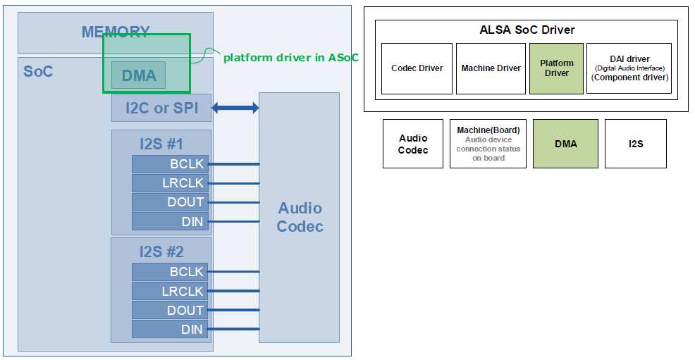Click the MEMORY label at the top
pyautogui.click(x=116, y=32)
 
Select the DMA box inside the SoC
pyautogui.click(x=139, y=75)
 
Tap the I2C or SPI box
pyautogui.click(x=161, y=108)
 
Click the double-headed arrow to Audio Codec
pyautogui.click(x=235, y=108)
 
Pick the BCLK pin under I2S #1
pyautogui.click(x=171, y=164)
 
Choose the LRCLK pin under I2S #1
pyautogui.click(x=171, y=183)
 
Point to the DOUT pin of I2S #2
pyautogui.click(x=171, y=310)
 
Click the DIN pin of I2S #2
pyautogui.click(x=171, y=329)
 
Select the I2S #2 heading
pyautogui.click(x=161, y=252)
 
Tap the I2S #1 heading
pyautogui.click(x=161, y=144)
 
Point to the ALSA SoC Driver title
pyautogui.click(x=527, y=30)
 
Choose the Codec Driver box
pyautogui.click(x=417, y=68)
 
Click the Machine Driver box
pyautogui.click(x=491, y=68)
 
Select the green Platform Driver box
pyautogui.click(x=557, y=68)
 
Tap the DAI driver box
pyautogui.click(x=629, y=68)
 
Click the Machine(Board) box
pyautogui.click(x=488, y=144)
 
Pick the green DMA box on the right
pyautogui.click(x=565, y=144)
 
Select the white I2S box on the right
pyautogui.click(x=636, y=144)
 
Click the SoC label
pyautogui.click(x=38, y=71)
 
